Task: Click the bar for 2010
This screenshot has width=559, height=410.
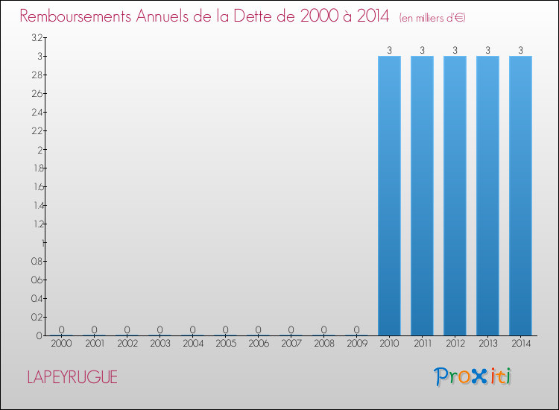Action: coord(389,195)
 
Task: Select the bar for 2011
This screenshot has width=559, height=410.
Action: coord(422,195)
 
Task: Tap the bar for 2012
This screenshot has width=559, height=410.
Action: coord(455,195)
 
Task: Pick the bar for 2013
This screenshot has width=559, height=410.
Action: coord(487,195)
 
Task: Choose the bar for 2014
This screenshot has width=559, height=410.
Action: coord(520,195)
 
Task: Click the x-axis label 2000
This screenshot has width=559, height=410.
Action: coord(61,344)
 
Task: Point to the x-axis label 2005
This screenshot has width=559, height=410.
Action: coord(225,344)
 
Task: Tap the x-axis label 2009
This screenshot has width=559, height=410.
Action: coord(356,344)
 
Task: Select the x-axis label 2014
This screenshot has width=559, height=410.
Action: coord(520,344)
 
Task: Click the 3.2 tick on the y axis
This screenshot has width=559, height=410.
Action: coord(37,37)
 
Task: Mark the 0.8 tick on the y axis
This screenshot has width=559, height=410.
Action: coord(37,261)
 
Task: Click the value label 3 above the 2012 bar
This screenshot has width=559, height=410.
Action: coord(455,50)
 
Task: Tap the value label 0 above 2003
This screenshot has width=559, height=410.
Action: coord(160,329)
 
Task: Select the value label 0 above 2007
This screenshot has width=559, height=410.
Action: coord(291,329)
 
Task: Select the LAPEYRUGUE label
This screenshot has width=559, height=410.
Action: coord(72,377)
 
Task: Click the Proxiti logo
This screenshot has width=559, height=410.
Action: coord(473,376)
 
